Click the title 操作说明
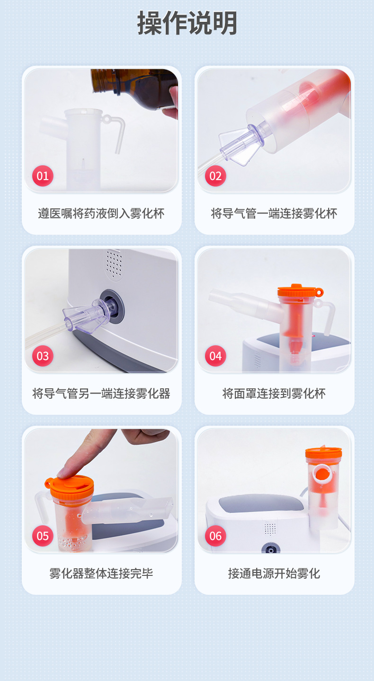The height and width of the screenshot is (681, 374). coord(187,23)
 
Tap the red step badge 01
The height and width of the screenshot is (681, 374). coord(43,176)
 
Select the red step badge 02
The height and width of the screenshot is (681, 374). coord(215,176)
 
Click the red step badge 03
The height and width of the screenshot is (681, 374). coord(43,356)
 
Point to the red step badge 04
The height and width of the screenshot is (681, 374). coord(215,356)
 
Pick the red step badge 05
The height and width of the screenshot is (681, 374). coord(43,536)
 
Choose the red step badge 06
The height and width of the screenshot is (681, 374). coord(215,536)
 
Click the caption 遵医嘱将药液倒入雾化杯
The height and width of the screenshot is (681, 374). coord(101,214)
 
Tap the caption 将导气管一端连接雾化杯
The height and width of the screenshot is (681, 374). coord(274,214)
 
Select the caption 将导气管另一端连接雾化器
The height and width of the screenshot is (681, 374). coord(101,394)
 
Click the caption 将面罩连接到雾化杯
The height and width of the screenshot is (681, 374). coord(274,394)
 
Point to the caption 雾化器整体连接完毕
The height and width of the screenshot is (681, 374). coord(101,573)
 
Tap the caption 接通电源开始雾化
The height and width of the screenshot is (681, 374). coord(274,573)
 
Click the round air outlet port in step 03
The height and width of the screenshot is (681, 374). coord(112,306)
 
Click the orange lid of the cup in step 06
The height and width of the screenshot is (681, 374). coord(323,453)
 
